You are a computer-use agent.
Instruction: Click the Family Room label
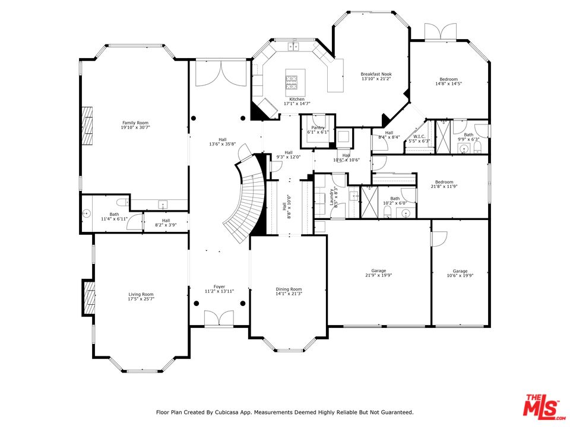(x=135, y=123)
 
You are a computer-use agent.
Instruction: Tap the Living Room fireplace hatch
(x=90, y=298)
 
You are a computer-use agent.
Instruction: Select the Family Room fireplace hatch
(x=87, y=126)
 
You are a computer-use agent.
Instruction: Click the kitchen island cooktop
(x=292, y=82)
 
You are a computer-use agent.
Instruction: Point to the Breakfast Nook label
(x=376, y=74)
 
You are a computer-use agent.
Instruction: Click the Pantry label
(x=318, y=128)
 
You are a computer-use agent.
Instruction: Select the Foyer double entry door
(x=219, y=318)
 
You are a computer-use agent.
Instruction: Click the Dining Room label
(x=289, y=289)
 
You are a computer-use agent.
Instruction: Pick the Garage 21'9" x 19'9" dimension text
(x=378, y=275)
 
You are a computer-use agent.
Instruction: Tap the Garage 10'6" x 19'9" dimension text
(x=460, y=276)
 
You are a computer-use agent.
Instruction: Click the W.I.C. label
(x=419, y=136)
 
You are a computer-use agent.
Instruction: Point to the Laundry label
(x=332, y=197)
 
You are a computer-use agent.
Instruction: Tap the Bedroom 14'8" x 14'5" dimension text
(x=449, y=84)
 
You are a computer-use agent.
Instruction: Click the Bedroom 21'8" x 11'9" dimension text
(x=444, y=186)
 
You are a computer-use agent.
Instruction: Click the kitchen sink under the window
(x=293, y=46)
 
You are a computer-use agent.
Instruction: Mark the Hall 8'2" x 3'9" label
(x=166, y=222)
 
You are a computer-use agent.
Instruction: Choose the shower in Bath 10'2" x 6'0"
(x=369, y=202)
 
